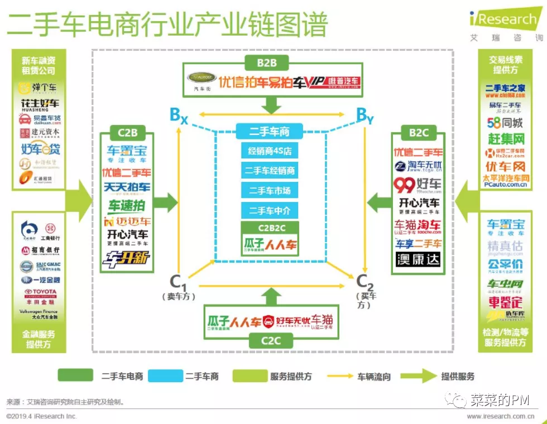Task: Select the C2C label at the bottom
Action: (271, 340)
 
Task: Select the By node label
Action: (364, 115)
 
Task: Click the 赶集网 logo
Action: (506, 137)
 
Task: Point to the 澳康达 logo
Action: (418, 259)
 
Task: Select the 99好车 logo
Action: (418, 185)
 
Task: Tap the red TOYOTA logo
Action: (40, 292)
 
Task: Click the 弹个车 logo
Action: (38, 88)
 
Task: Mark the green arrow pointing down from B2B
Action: (271, 104)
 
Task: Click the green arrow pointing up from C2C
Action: (271, 296)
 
